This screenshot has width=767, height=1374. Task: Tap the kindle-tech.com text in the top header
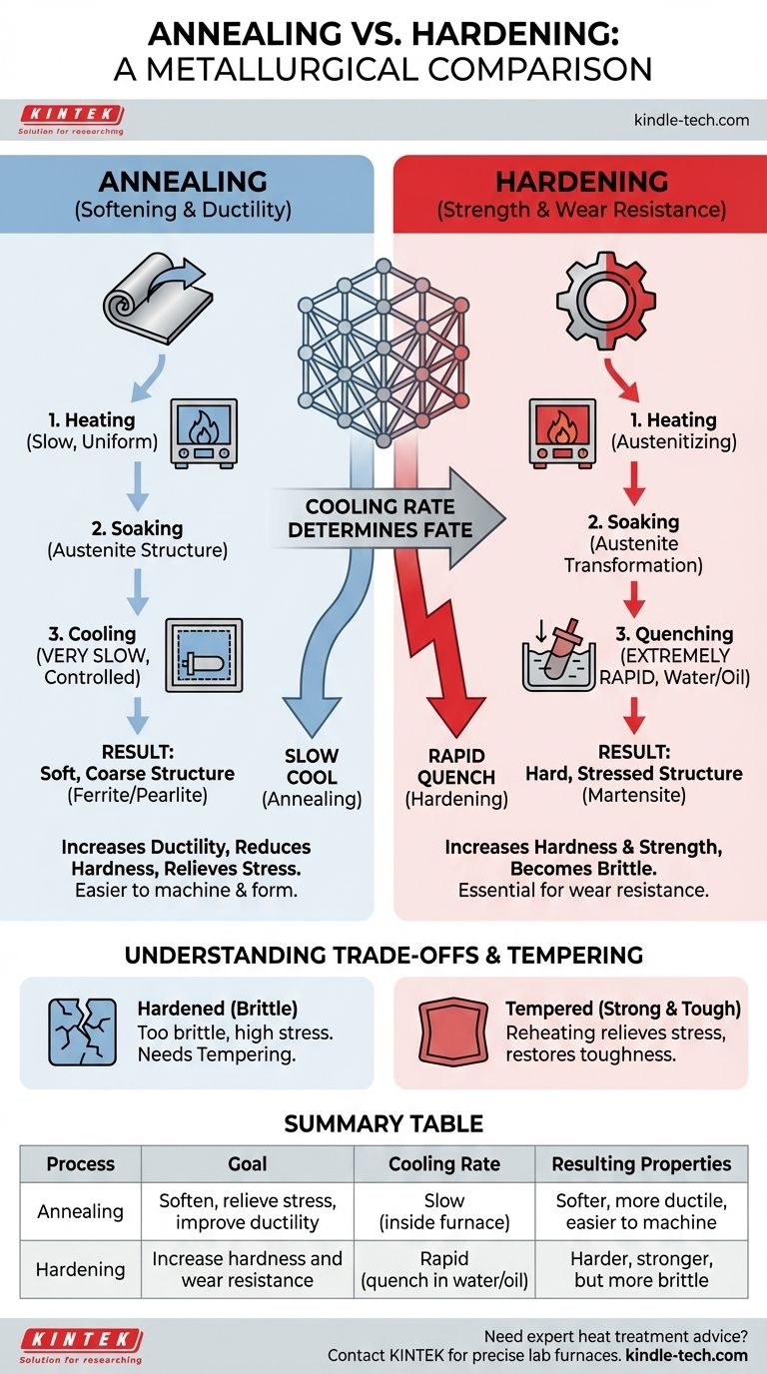[691, 120]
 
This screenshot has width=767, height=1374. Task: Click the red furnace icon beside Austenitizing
[563, 432]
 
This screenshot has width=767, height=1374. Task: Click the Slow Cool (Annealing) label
[311, 778]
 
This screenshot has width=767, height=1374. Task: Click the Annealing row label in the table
[81, 1211]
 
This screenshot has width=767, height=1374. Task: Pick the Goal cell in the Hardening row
[247, 1269]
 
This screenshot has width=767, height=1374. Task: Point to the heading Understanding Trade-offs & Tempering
[383, 955]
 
